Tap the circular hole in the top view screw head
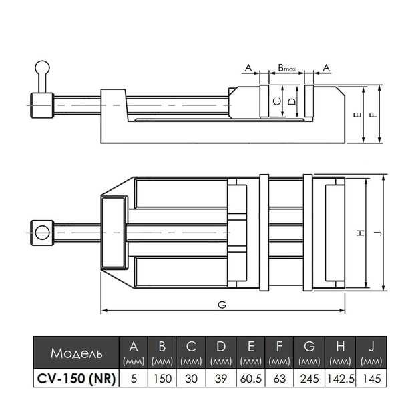point(42,232)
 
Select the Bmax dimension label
point(288,69)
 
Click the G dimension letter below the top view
point(222,305)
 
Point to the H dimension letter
point(361,233)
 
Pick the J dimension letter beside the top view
point(378,233)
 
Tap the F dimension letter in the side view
point(373,114)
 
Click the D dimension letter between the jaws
point(291,101)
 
